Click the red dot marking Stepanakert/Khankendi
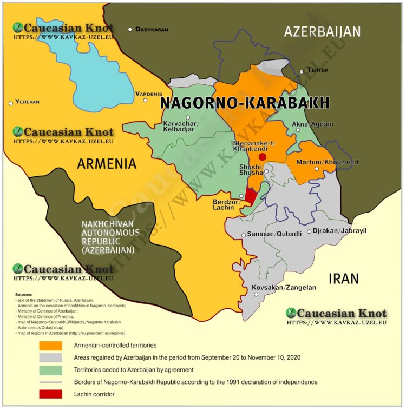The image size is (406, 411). click(x=263, y=157)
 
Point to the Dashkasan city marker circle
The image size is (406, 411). click(x=130, y=29)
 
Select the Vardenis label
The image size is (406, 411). click(x=148, y=93)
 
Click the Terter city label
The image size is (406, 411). click(x=318, y=70)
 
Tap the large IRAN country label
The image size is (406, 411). click(x=344, y=279)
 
